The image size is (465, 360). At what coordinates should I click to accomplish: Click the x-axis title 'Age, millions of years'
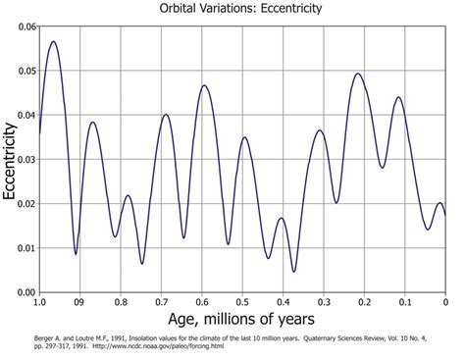240,319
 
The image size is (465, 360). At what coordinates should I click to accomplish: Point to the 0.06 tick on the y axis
23,26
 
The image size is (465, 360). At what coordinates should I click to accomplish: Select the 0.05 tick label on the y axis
23,71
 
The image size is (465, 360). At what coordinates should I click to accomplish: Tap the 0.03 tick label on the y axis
23,159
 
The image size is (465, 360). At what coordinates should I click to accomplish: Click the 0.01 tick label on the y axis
23,247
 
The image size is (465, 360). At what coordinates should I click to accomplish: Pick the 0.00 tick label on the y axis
23,291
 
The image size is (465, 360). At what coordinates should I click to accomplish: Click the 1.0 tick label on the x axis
40,302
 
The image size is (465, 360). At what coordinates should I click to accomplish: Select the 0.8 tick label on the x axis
122,302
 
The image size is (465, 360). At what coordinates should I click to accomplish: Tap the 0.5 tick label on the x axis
242,302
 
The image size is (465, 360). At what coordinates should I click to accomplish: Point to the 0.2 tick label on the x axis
364,302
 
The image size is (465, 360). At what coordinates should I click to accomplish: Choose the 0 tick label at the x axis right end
445,302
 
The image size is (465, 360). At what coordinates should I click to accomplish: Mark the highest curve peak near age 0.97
54,41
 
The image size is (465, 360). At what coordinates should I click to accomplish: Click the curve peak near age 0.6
204,85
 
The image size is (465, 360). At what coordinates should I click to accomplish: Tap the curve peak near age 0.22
357,74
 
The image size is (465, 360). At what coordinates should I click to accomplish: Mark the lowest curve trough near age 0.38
293,272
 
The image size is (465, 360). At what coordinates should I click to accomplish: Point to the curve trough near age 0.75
142,263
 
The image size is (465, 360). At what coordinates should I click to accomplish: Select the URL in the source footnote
174,346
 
